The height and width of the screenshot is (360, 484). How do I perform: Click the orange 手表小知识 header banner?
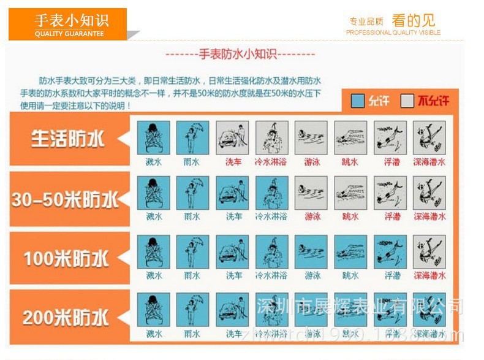tap(68, 24)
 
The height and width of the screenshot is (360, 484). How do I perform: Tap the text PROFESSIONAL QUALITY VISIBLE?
tap(393, 33)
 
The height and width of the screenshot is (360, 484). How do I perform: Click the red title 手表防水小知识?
tap(240, 54)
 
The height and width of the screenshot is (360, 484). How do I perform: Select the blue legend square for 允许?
tap(358, 101)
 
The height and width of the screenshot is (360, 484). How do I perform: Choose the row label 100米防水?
tap(66, 258)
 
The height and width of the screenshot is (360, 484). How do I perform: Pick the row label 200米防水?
tap(66, 317)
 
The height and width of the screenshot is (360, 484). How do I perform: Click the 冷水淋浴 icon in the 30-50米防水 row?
tap(271, 193)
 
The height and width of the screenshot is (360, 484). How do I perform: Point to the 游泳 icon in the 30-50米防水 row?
tap(311, 193)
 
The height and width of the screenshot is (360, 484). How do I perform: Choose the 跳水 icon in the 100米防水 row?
tap(350, 251)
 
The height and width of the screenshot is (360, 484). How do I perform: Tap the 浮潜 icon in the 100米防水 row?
tap(390, 251)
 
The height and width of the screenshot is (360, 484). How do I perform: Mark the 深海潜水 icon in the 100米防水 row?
tap(429, 251)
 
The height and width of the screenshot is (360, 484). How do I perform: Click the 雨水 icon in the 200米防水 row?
tap(192, 310)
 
